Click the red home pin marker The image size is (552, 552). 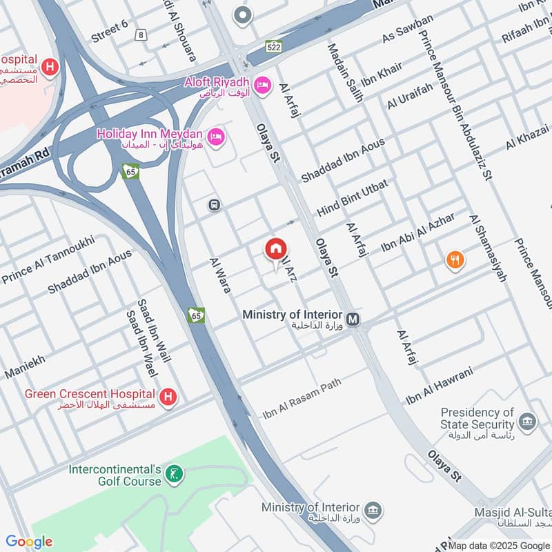(276, 250)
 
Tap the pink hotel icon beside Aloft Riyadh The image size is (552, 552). (262, 86)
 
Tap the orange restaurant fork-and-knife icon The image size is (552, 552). (455, 260)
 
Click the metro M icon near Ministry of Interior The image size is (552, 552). (354, 319)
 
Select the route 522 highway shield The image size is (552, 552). (274, 46)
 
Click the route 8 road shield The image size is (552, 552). (141, 34)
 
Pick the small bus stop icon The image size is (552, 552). (215, 205)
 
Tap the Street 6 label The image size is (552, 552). (110, 31)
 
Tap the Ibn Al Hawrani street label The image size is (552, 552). (440, 386)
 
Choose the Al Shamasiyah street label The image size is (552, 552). (488, 248)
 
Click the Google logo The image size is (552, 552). (28, 542)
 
